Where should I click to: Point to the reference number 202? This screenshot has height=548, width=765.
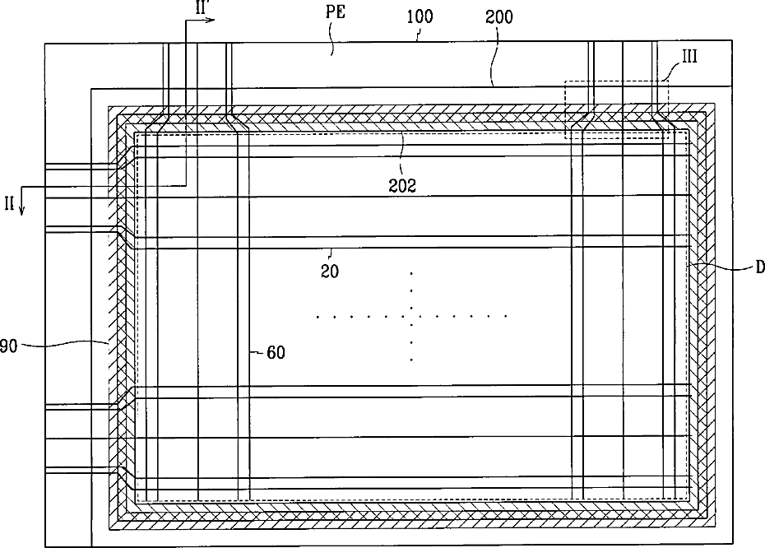point(402,185)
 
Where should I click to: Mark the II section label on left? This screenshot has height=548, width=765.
point(11,201)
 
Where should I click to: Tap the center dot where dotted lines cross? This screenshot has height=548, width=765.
point(411,316)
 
